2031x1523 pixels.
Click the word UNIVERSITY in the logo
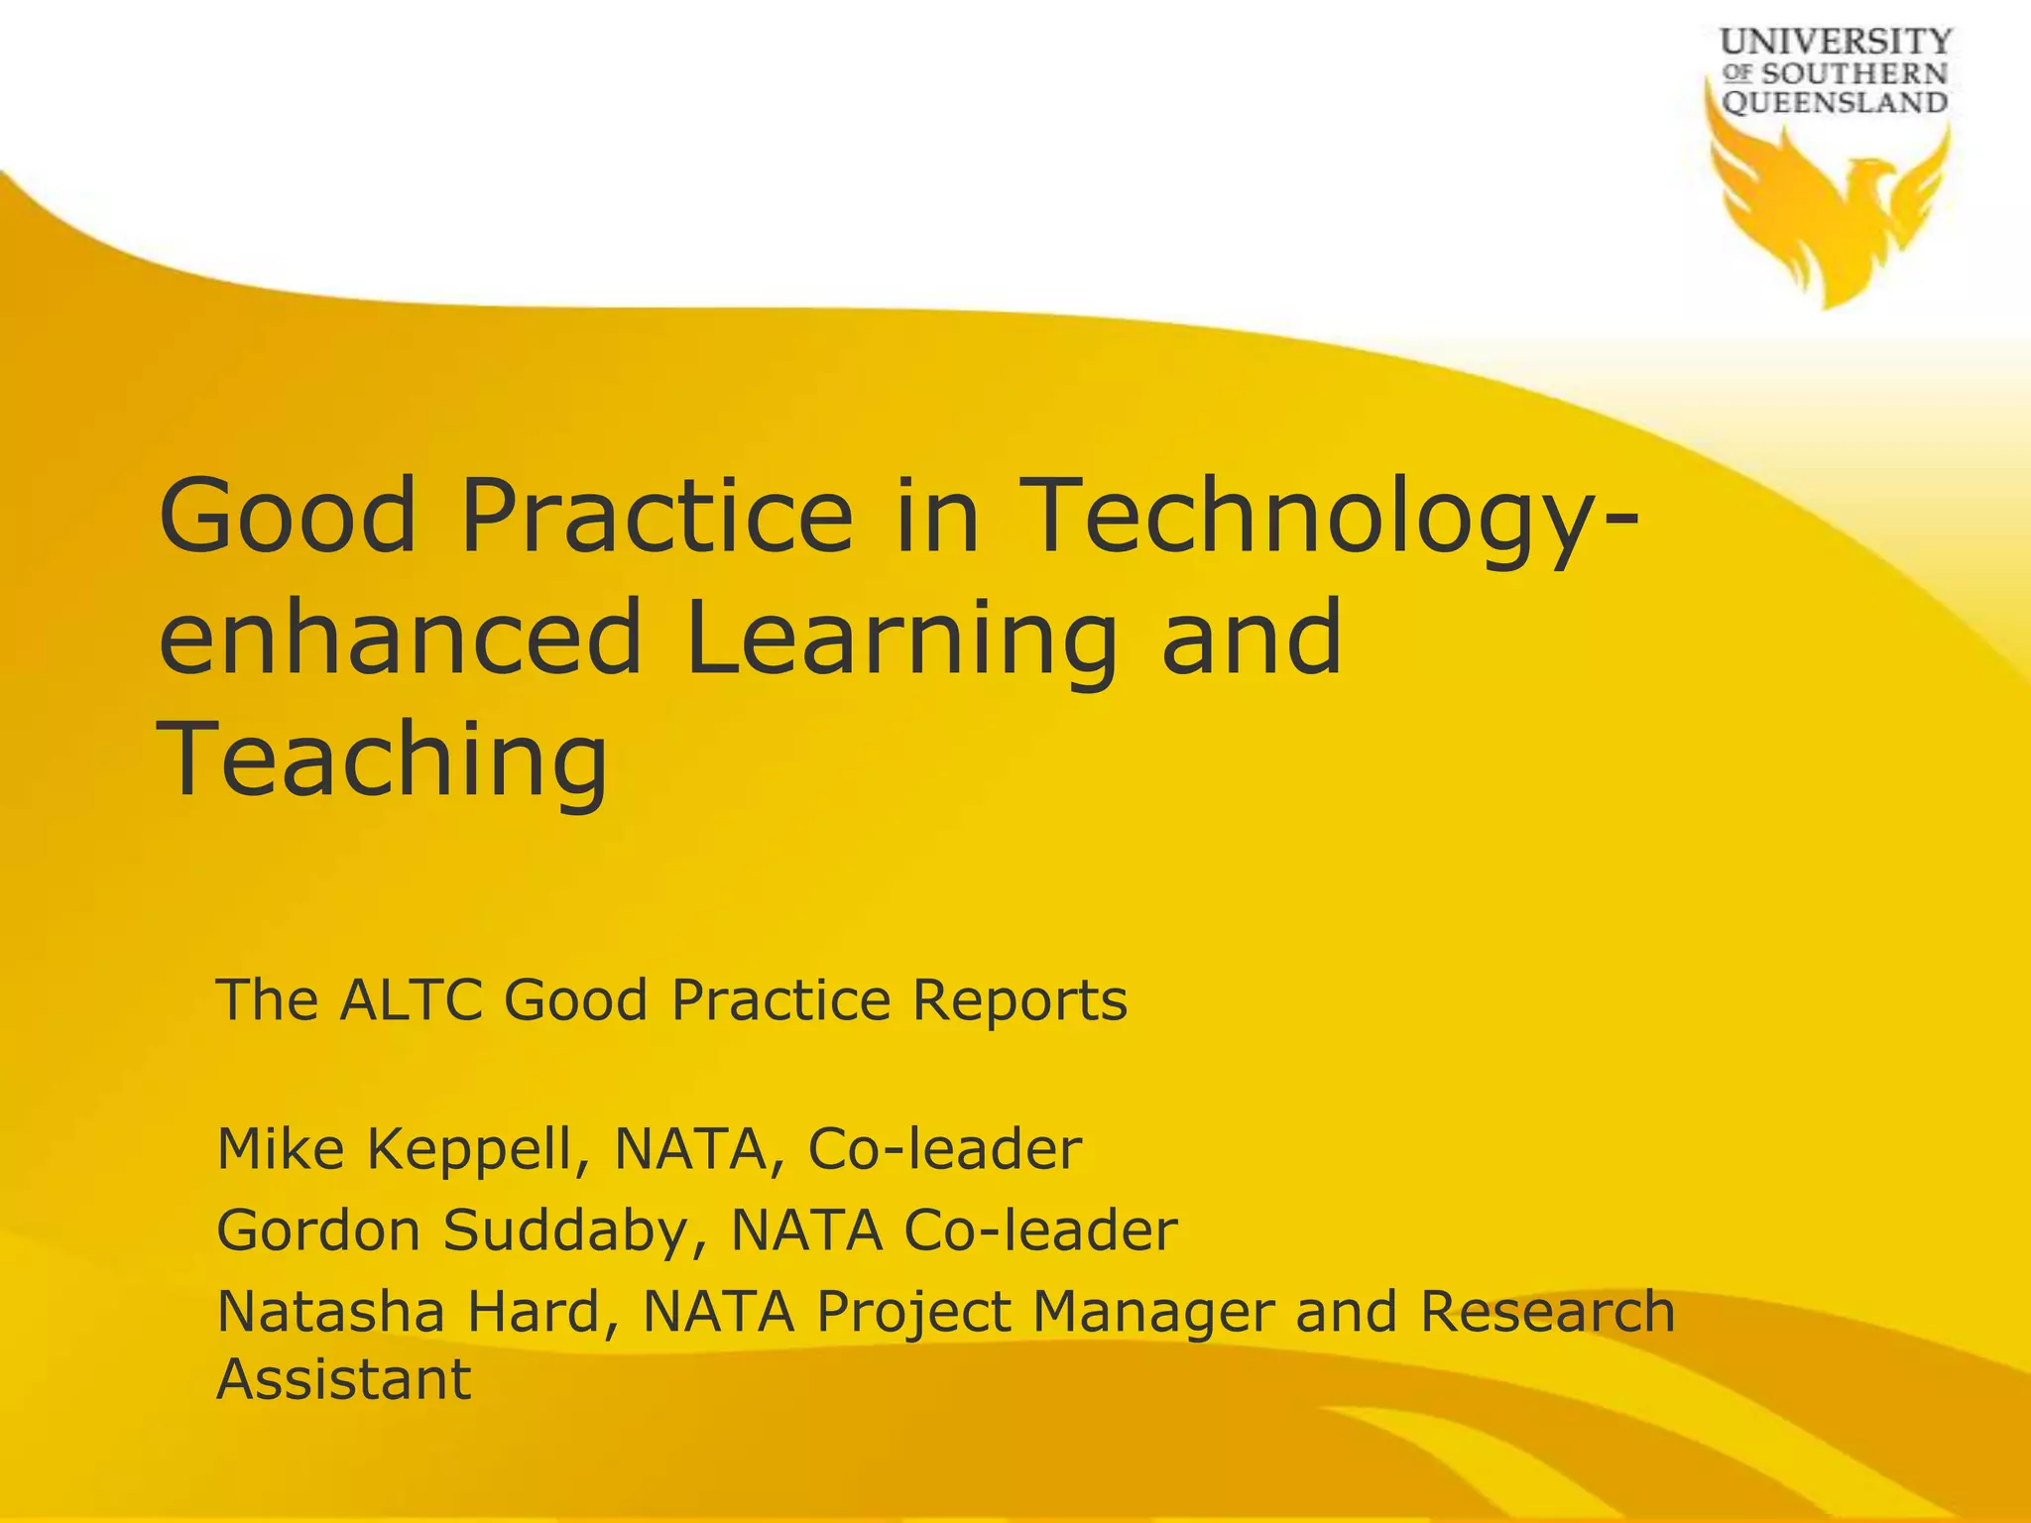(1836, 43)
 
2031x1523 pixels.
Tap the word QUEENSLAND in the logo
(1836, 102)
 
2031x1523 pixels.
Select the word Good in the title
(289, 516)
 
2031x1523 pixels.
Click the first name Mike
(281, 1149)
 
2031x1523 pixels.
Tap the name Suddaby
(576, 1232)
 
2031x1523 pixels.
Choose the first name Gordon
(319, 1232)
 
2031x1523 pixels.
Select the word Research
(1548, 1311)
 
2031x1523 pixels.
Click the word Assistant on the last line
(343, 1379)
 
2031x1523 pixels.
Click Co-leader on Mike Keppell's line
(945, 1149)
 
